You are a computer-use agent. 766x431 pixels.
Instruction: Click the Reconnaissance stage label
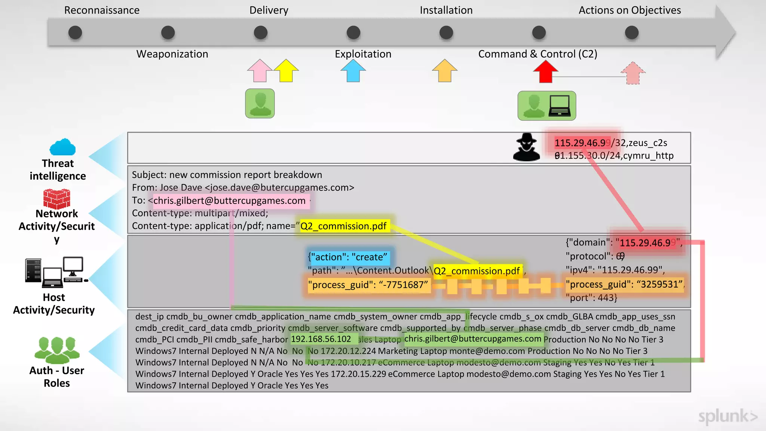click(102, 10)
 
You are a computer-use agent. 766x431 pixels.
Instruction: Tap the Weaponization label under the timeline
click(172, 54)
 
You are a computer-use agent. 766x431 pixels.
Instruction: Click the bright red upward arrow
click(546, 71)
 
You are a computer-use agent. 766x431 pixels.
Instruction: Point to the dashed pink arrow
click(633, 73)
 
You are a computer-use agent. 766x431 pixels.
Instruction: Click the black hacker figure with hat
click(527, 147)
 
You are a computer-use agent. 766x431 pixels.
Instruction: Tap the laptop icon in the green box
click(560, 106)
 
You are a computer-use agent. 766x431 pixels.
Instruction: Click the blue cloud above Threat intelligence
click(62, 147)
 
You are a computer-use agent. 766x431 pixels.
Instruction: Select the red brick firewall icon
click(56, 199)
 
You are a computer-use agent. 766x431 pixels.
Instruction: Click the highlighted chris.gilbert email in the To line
click(229, 201)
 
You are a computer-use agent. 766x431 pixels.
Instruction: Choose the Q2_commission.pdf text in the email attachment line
click(343, 226)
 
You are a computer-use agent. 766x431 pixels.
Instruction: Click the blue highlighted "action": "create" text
click(348, 257)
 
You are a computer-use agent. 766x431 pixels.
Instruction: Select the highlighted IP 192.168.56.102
click(321, 339)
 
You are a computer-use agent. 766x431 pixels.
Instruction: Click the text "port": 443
click(591, 298)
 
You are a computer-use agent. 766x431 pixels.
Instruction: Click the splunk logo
click(727, 416)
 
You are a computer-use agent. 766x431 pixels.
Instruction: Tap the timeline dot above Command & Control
click(539, 33)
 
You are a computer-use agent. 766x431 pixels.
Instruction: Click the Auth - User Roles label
click(57, 377)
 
